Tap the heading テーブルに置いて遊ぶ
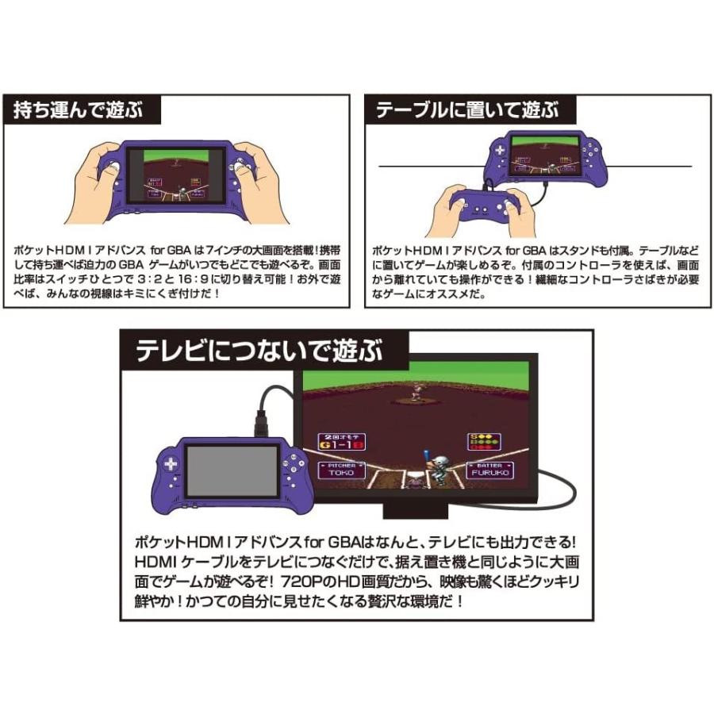point(466,110)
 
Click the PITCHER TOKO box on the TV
point(342,470)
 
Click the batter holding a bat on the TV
point(436,468)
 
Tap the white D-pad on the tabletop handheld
point(500,149)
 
